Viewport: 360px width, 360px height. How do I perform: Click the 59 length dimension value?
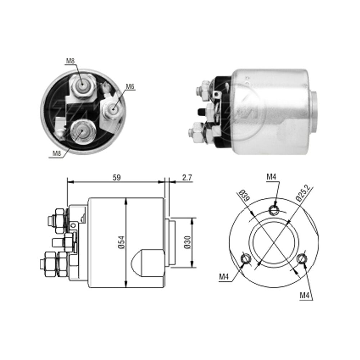116,177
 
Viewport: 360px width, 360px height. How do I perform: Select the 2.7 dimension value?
187,177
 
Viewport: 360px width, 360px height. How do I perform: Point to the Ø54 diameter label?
122,242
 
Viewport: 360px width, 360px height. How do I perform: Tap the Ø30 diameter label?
188,242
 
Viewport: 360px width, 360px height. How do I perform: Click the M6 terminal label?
130,86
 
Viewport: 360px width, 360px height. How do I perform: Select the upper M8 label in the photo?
71,61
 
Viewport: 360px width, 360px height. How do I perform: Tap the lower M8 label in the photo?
57,153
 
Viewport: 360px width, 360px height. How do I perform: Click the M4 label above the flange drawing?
271,177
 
